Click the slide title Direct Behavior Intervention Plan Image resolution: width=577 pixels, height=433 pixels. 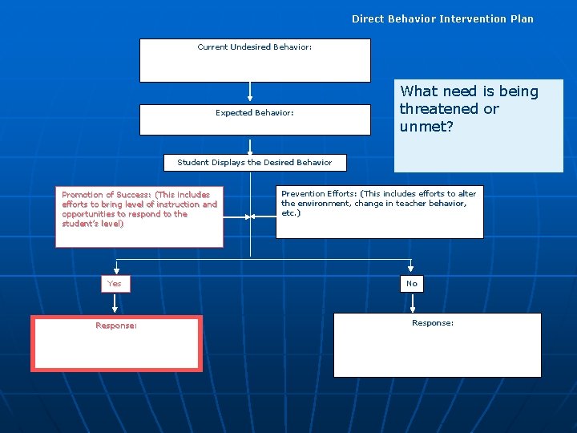click(x=442, y=18)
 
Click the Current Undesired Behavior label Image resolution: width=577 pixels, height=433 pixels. click(x=254, y=47)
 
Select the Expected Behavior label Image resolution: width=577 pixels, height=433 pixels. click(x=254, y=113)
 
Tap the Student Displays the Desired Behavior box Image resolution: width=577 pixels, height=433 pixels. click(x=254, y=163)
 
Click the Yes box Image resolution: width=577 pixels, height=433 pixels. click(x=115, y=284)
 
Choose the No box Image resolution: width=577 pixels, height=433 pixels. click(x=412, y=284)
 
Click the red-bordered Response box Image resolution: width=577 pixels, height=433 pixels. click(x=116, y=343)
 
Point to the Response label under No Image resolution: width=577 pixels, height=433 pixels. click(x=433, y=323)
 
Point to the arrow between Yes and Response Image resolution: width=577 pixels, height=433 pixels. click(x=115, y=303)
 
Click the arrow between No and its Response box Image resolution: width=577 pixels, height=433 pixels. click(x=412, y=302)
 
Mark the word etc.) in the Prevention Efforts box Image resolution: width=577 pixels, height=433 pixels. click(x=291, y=213)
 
